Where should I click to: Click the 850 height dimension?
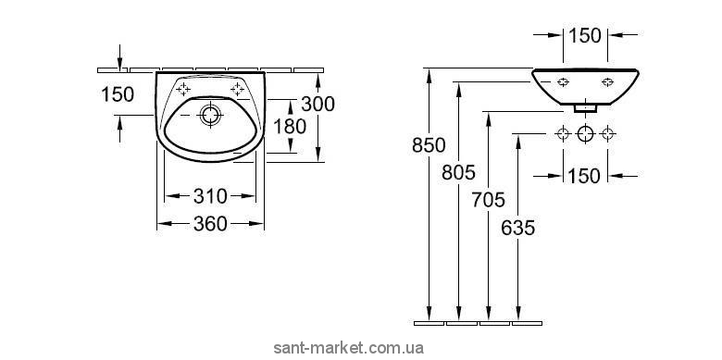point(429,145)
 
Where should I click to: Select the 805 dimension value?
point(458,173)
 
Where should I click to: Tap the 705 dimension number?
point(488,200)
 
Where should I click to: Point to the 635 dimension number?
point(518,228)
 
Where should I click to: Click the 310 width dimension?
point(210,196)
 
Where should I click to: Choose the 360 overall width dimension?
point(210,224)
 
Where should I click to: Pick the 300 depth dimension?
point(317,105)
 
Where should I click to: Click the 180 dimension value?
point(290,126)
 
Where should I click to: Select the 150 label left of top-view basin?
point(118,94)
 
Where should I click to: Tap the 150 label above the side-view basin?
point(585,35)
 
